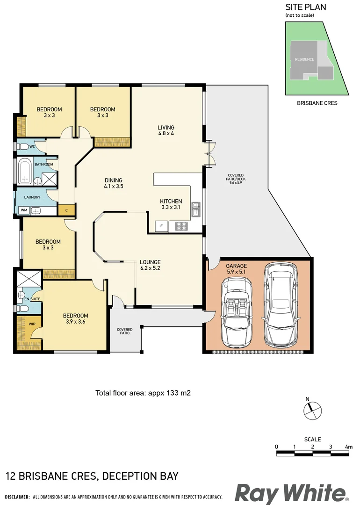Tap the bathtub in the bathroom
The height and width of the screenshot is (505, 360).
[24, 171]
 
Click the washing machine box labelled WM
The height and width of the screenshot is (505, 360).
[24, 210]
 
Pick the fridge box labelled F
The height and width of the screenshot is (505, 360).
[161, 226]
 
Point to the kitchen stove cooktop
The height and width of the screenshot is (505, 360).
[181, 226]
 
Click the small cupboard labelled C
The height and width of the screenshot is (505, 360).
[66, 210]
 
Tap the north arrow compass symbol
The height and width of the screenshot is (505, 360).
[312, 411]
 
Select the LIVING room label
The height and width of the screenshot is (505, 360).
[166, 127]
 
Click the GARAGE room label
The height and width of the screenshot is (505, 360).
[237, 266]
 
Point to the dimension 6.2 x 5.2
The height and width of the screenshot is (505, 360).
[150, 268]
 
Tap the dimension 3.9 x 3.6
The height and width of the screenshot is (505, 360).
[76, 322]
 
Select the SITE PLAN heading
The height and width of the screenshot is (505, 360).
[306, 7]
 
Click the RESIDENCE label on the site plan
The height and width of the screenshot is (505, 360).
[304, 59]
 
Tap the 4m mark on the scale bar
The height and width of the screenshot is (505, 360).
[348, 447]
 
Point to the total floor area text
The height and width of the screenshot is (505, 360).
[143, 393]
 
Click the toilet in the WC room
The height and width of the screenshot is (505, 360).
[22, 147]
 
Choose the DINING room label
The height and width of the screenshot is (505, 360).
[113, 180]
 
